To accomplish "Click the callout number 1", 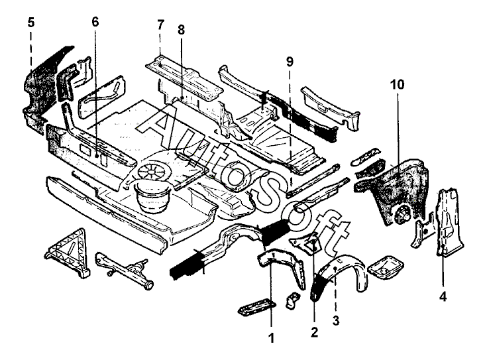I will coord(270,337).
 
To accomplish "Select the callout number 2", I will coord(314,331).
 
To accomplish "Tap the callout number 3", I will coord(336,321).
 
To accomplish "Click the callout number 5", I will coord(31,21).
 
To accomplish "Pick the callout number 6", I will coord(95,21).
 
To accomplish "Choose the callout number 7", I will coord(160,25).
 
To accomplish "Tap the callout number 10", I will coord(397,85).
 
